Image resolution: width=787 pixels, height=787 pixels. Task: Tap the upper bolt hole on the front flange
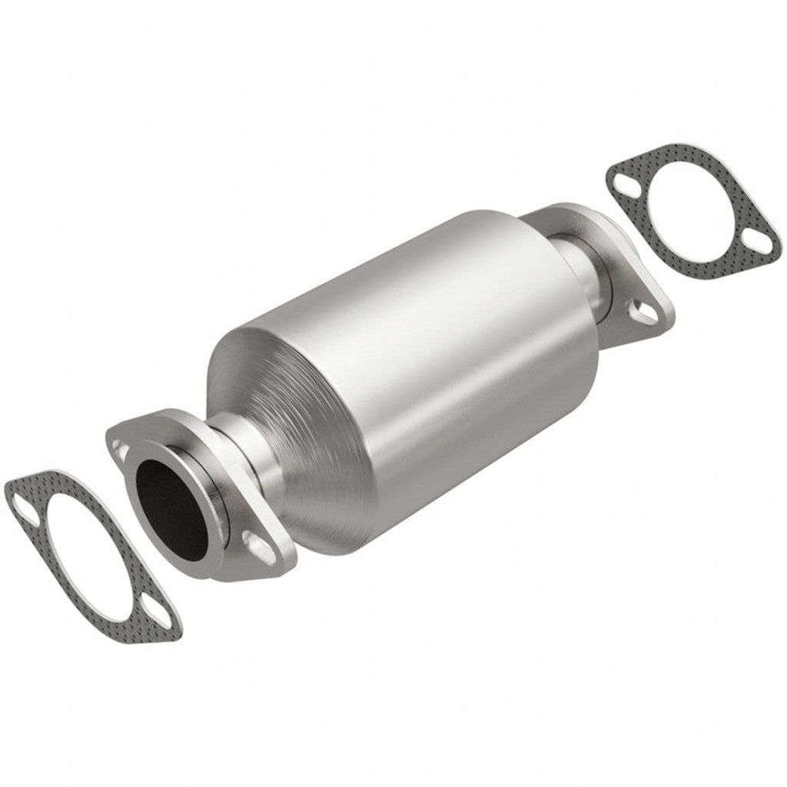tap(121, 446)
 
